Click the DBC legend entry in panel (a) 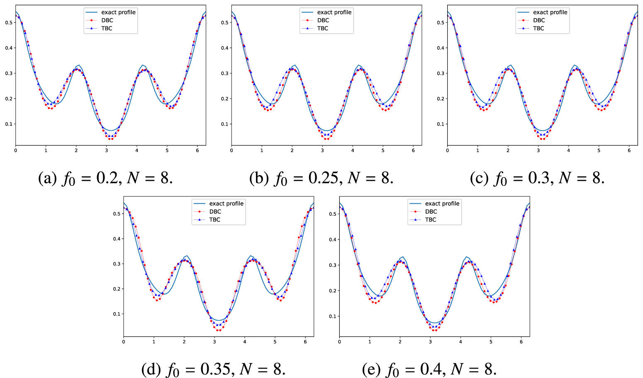point(107,20)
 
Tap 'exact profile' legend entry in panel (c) point(550,12)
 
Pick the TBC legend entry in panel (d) point(214,219)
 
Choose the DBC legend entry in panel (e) point(431,212)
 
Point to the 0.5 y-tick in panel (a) point(9,22)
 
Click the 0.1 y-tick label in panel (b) point(224,124)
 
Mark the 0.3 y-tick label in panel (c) point(440,73)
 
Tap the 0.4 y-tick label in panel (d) point(117,239)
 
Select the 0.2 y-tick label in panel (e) point(332,291)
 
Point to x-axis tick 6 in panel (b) point(413,150)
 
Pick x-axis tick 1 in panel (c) point(477,150)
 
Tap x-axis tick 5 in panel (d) point(275,341)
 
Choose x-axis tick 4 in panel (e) point(460,341)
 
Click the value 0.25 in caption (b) point(324,178)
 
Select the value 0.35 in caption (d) point(215,369)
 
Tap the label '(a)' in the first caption point(47,178)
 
